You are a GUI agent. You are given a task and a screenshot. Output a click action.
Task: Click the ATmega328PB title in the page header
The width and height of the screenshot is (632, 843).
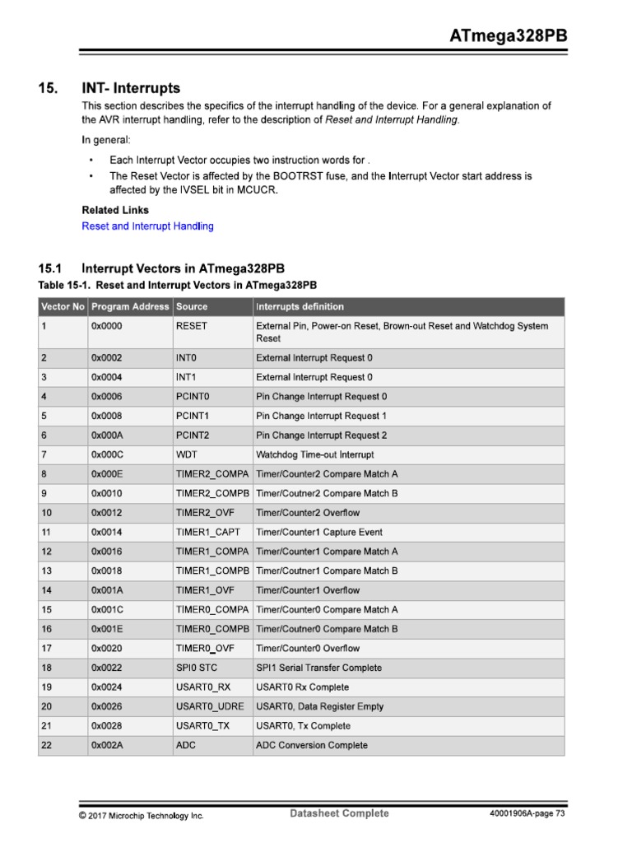(508, 36)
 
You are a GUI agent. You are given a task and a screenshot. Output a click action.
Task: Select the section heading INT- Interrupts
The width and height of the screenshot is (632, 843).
(131, 88)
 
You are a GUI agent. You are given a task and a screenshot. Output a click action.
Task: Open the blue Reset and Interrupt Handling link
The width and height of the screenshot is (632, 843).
(147, 226)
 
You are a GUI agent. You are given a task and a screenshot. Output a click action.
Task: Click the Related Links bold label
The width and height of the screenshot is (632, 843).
(115, 210)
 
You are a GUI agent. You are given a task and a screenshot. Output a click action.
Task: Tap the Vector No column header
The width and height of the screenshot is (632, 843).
(63, 306)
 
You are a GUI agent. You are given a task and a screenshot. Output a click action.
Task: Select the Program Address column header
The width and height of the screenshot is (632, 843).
(130, 306)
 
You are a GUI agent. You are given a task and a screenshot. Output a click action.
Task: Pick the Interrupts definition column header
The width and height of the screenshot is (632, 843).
(300, 306)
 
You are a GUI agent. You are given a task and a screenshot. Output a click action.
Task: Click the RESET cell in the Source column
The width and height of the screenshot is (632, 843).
(192, 326)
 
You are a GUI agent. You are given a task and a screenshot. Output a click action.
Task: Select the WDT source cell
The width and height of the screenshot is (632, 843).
(187, 454)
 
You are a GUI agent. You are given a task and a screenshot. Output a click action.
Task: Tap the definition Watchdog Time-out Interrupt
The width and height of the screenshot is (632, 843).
(314, 454)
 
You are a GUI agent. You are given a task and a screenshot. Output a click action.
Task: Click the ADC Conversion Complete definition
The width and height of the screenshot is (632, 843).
(312, 745)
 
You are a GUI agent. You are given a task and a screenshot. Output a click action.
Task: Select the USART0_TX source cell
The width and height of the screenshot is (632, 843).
(202, 726)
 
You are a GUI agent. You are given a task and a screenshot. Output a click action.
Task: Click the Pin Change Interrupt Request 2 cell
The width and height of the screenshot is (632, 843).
(321, 435)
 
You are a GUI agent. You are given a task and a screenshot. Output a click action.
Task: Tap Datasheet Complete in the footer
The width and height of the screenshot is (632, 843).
(339, 813)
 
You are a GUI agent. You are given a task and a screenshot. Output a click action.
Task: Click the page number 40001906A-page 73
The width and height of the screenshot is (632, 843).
(527, 814)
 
